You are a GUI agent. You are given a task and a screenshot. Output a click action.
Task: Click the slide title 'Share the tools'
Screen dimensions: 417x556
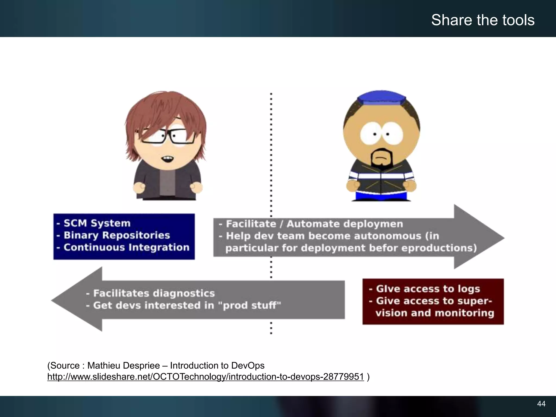pos(483,20)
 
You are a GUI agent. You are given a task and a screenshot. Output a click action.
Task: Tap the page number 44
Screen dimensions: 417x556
pos(541,404)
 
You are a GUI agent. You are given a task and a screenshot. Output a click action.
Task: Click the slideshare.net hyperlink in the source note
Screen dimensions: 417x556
pos(206,377)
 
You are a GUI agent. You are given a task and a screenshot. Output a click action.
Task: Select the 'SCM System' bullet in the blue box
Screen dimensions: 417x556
pos(97,223)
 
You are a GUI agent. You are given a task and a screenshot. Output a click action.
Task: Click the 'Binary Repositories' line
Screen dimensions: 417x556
pos(117,235)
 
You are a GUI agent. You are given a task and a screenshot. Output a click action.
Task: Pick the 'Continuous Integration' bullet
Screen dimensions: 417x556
pos(126,247)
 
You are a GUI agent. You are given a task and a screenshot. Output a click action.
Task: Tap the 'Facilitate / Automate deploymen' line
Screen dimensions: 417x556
pos(314,224)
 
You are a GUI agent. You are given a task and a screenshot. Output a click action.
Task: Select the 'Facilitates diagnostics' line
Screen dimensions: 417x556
pos(154,293)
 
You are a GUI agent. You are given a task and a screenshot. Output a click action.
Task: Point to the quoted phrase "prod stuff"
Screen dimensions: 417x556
pos(251,305)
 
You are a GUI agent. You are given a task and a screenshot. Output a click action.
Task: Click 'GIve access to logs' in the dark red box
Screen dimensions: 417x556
pos(428,289)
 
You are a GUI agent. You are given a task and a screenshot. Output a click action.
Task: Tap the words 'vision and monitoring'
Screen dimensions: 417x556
pos(434,313)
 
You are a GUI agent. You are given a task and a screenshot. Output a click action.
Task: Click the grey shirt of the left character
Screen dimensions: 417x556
pos(166,182)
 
